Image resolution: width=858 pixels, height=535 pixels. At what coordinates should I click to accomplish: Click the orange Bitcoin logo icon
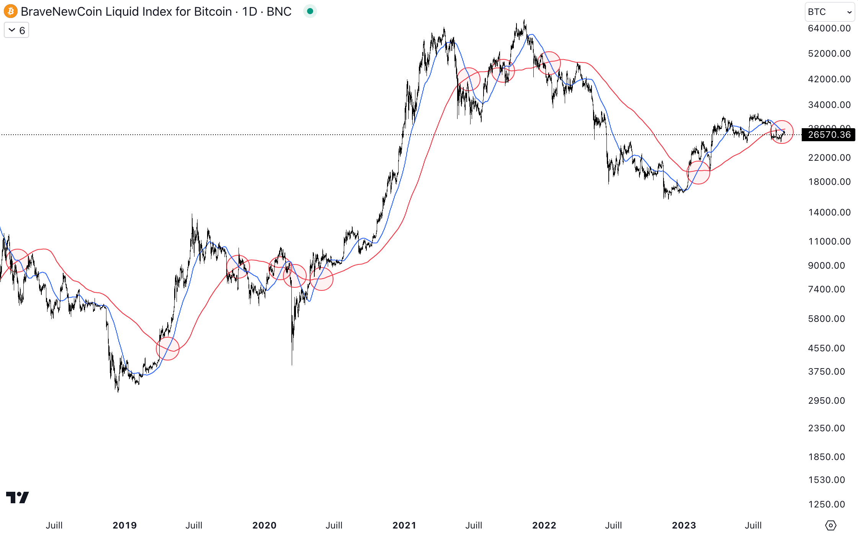tap(11, 11)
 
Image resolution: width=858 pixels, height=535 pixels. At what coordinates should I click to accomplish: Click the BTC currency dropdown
tap(829, 12)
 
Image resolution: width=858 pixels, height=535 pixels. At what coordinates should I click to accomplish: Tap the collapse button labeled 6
tap(16, 30)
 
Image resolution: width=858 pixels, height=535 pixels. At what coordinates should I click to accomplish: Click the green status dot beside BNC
tap(310, 11)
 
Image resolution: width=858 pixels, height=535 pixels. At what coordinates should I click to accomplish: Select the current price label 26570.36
tap(829, 135)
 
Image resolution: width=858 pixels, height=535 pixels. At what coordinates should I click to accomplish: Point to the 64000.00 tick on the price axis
tap(829, 28)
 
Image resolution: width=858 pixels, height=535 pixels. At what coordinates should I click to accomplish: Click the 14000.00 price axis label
tap(829, 212)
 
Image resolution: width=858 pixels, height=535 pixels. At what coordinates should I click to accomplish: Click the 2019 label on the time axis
tap(125, 525)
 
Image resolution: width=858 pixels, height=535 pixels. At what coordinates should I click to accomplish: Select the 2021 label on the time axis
tap(404, 525)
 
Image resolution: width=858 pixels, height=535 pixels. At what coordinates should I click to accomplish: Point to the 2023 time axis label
tap(684, 525)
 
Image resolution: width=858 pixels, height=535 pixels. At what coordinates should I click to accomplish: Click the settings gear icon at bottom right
tap(830, 525)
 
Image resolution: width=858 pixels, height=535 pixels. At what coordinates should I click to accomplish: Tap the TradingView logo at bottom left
tap(18, 497)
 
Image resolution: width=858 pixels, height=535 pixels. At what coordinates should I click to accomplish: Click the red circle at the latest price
tap(781, 132)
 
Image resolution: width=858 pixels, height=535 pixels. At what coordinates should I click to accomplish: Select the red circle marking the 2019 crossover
tap(168, 348)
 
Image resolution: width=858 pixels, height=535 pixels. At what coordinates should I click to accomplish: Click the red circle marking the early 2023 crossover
tap(698, 173)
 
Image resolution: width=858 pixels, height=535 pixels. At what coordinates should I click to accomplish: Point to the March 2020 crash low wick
tap(292, 362)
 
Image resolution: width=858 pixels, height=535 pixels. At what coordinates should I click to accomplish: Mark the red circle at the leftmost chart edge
tap(17, 260)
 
